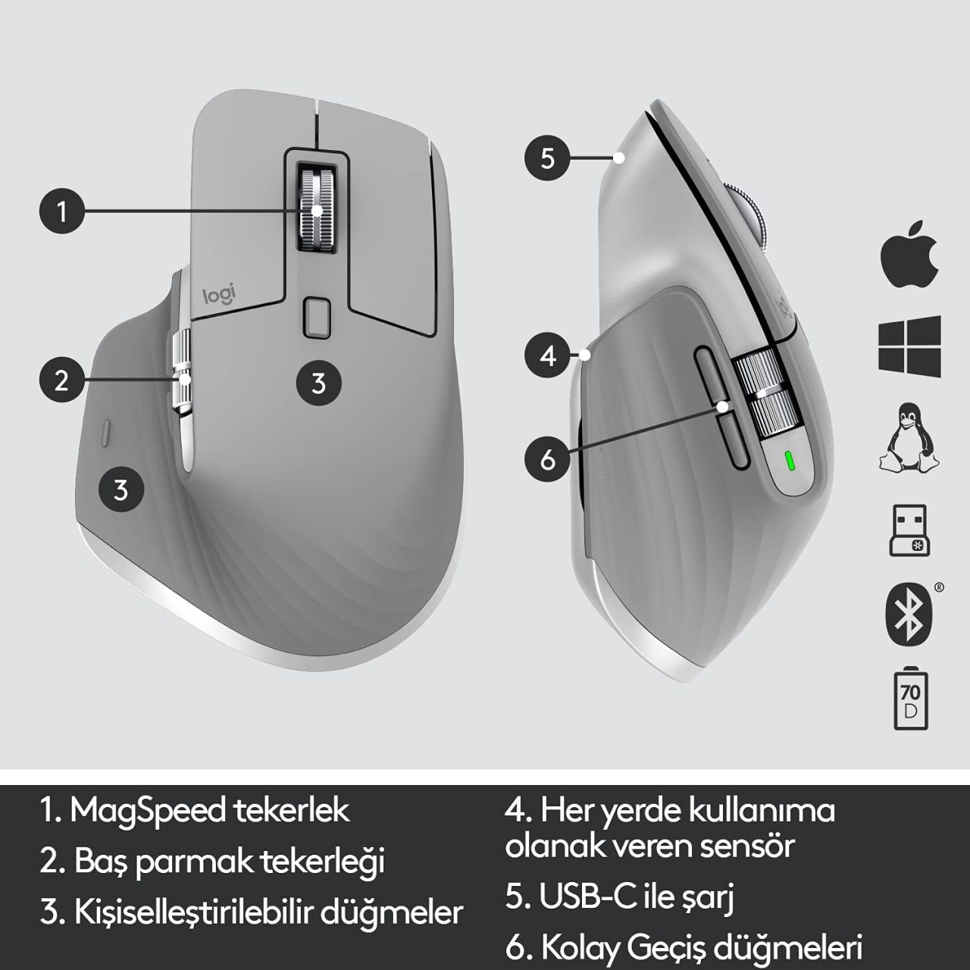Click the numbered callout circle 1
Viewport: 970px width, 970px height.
coord(61,211)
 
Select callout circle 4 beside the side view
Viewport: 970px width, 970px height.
coord(547,356)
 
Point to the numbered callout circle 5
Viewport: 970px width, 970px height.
coord(547,158)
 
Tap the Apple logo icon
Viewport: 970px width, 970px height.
coord(909,260)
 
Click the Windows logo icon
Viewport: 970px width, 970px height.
coord(909,346)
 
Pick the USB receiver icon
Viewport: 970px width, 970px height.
coord(909,530)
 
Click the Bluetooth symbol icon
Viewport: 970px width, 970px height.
coord(909,614)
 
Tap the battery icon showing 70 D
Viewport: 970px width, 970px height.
coord(911,701)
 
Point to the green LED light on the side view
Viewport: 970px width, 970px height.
coord(790,460)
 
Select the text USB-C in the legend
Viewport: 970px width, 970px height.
coord(587,896)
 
